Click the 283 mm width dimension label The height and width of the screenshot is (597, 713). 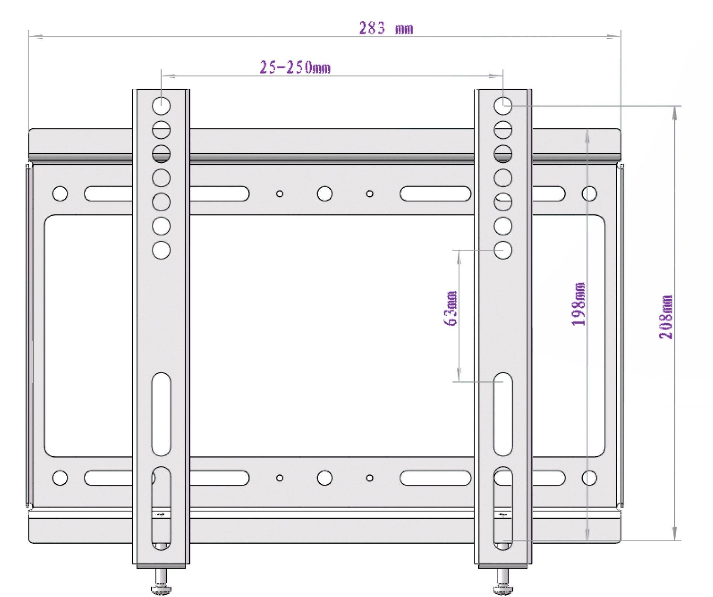(386, 28)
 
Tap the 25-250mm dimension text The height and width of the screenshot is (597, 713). (295, 68)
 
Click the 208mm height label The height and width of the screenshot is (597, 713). (665, 317)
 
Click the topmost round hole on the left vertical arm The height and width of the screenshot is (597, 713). (161, 106)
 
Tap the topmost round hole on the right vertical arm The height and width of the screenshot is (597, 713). (503, 106)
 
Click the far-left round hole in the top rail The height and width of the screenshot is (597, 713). (60, 194)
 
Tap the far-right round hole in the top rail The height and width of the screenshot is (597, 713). (589, 194)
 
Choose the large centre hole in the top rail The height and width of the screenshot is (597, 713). (324, 194)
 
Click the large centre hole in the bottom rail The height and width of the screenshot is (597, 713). (324, 478)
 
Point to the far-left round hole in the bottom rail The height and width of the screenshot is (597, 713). (60, 478)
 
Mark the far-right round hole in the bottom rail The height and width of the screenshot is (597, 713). (589, 478)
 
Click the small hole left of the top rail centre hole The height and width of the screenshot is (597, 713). (280, 194)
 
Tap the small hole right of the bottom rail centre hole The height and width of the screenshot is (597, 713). (369, 478)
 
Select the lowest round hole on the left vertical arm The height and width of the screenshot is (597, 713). (161, 250)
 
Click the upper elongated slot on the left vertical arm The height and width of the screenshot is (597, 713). (161, 414)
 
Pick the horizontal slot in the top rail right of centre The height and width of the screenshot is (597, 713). (435, 194)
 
